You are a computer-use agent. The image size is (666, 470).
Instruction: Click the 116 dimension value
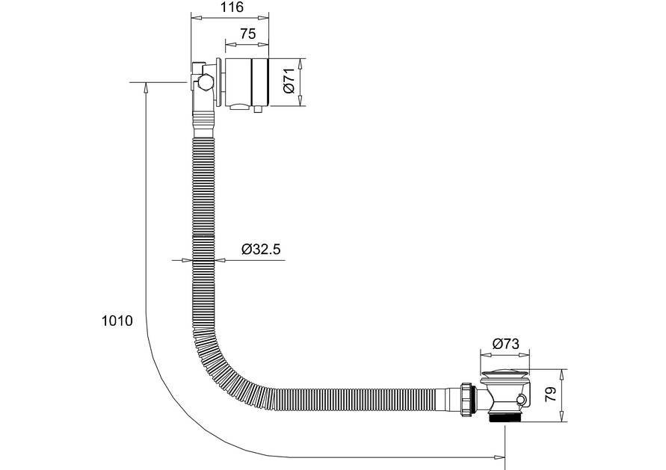tap(233, 7)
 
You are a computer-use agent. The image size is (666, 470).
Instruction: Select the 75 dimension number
tap(248, 34)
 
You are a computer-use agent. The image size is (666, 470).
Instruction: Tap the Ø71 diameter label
tap(289, 81)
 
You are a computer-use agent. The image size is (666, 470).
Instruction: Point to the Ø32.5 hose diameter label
tap(261, 249)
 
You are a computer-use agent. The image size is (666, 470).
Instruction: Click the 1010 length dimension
tap(117, 321)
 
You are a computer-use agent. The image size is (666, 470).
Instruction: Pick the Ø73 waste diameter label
tap(506, 344)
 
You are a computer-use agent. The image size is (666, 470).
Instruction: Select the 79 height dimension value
tap(550, 395)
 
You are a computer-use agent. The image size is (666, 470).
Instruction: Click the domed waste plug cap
tap(505, 374)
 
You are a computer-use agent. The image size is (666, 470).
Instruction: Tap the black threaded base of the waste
tap(505, 418)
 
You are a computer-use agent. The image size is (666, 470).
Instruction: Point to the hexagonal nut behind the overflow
tap(205, 82)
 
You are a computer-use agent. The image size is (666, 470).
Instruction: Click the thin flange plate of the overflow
tap(218, 82)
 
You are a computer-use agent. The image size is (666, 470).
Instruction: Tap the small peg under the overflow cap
tap(257, 110)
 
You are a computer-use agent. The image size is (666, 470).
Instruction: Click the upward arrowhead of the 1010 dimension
tap(146, 87)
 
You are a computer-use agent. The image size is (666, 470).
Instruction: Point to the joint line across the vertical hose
tap(203, 235)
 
